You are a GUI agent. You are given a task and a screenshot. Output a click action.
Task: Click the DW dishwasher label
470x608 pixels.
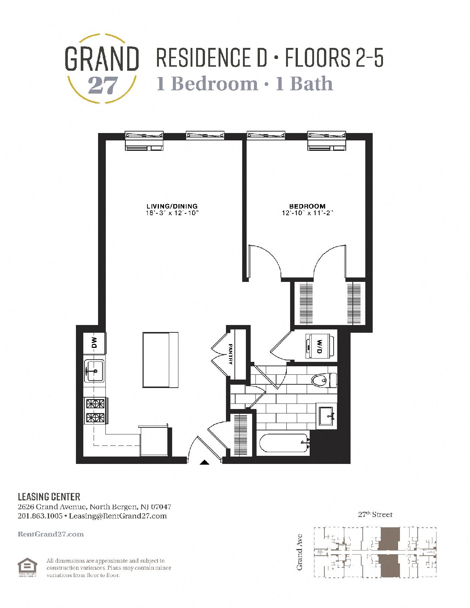click(94, 343)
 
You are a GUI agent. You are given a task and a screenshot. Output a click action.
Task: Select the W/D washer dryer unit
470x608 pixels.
click(319, 346)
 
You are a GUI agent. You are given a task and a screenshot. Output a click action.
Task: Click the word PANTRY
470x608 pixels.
click(231, 354)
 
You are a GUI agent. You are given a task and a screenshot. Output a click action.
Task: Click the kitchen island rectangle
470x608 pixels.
click(160, 360)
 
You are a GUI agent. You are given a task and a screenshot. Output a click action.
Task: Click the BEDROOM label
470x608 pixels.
click(307, 206)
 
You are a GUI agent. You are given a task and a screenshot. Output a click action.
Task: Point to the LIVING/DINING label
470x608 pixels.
click(172, 206)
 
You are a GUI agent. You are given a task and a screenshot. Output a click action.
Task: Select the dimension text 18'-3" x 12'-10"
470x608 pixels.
click(172, 213)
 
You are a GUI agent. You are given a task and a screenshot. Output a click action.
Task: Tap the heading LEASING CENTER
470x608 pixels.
click(49, 497)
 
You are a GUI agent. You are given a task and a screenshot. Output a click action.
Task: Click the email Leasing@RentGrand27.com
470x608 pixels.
click(118, 516)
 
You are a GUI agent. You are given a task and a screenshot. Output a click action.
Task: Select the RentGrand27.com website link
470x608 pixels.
click(51, 534)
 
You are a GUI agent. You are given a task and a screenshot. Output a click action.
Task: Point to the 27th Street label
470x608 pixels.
click(375, 514)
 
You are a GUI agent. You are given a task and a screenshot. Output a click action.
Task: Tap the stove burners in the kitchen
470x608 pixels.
click(95, 410)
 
